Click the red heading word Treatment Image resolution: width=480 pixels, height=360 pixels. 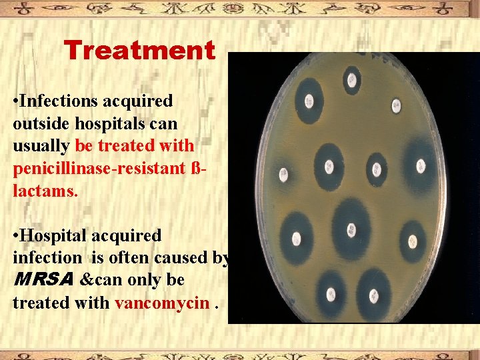pos(139,51)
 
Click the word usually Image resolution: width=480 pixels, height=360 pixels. pos(41,146)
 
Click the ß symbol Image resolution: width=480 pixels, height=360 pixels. pos(194,167)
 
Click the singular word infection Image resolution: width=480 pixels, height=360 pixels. pos(45,258)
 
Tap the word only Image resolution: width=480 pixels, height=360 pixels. pos(147,281)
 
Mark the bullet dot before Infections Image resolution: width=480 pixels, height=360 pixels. pos(15,102)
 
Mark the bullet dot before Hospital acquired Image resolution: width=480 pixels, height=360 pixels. pos(15,236)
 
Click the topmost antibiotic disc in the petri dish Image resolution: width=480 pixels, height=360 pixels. pos(351,79)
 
